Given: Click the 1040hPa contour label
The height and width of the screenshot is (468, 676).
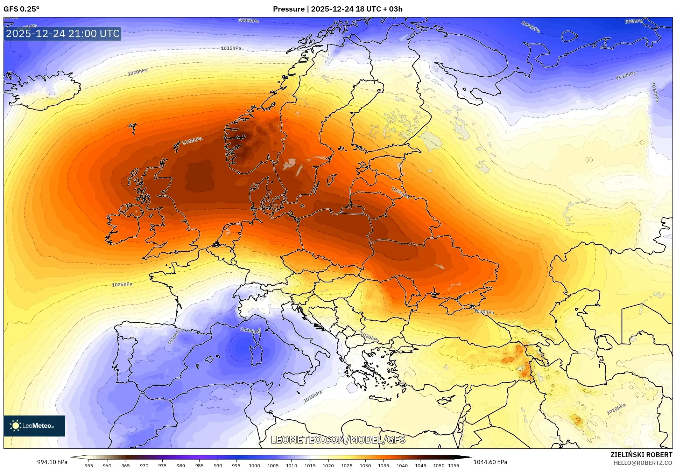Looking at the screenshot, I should pos(192,141).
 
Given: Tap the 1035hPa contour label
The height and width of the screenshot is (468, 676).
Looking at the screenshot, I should pos(400,193).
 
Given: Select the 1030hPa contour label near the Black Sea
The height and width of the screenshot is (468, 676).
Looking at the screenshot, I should pos(484,312).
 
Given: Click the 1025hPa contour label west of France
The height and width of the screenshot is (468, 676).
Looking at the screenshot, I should pos(122,285).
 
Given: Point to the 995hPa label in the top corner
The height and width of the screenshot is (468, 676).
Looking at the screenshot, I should pos(634,21).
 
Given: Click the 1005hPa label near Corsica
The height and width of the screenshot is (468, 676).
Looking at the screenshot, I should pos(250,330).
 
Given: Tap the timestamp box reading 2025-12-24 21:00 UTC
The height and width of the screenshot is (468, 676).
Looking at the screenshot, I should pos(63,34).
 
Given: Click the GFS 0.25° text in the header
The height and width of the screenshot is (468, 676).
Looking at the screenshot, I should pos(21,9).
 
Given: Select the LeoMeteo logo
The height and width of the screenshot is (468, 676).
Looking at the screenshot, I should pos(34,426).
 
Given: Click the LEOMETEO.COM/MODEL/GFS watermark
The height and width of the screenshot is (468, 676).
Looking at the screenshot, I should pos(338,440).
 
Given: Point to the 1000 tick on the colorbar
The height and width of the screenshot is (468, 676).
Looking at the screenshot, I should pos(254,466).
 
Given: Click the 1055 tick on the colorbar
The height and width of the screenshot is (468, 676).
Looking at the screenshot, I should pos(453,466).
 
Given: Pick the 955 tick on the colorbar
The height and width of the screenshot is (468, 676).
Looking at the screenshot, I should pos(89,466).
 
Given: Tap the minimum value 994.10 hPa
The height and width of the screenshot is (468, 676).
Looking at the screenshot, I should pos(52,462).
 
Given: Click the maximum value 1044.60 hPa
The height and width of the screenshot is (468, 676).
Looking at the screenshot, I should pos(490,462).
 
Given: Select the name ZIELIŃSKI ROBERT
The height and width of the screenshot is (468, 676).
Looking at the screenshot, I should pos(641,455).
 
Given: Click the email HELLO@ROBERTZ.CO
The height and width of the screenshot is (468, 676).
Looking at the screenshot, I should pos(643,463).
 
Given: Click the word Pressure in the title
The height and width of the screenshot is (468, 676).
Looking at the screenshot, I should pos(288,9).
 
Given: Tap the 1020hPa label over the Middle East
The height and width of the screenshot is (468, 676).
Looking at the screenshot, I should pos(616,409).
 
